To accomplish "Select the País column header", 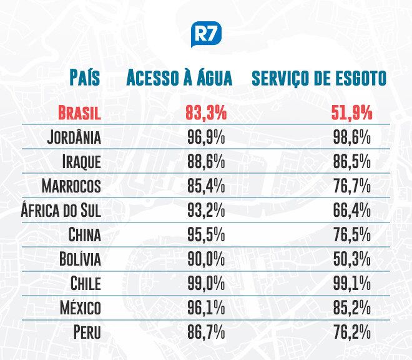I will pyautogui.click(x=86, y=78).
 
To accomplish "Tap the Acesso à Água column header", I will pyautogui.click(x=179, y=78).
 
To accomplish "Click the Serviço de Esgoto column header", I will pyautogui.click(x=318, y=78).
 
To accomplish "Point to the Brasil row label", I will pyautogui.click(x=79, y=114).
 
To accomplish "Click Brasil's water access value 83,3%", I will pyautogui.click(x=206, y=114).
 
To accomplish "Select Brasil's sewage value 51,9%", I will pyautogui.click(x=352, y=114).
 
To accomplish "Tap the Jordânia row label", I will pyautogui.click(x=74, y=137).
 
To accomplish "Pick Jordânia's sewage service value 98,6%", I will pyautogui.click(x=352, y=137).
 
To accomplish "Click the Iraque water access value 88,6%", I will pyautogui.click(x=206, y=162).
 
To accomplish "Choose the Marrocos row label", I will pyautogui.click(x=71, y=186).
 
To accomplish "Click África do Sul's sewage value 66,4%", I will pyautogui.click(x=352, y=211).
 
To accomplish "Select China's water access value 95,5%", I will pyautogui.click(x=206, y=235).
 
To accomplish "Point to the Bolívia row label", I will pyautogui.click(x=79, y=259).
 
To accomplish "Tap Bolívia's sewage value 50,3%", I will pyautogui.click(x=352, y=259).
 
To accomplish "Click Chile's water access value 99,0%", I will pyautogui.click(x=206, y=283).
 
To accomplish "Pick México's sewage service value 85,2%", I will pyautogui.click(x=352, y=307).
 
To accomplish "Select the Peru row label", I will pyautogui.click(x=87, y=332).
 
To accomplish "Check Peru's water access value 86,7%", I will pyautogui.click(x=206, y=332).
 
